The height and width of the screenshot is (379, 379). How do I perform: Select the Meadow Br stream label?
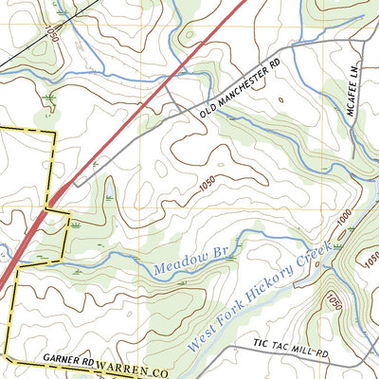183,266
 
